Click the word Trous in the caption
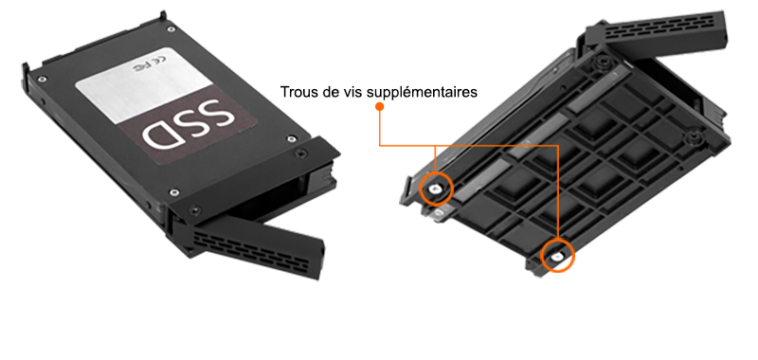coord(297,92)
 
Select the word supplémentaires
coord(422,92)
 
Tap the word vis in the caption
coord(352,92)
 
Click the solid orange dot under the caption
coord(380,107)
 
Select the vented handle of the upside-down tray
coord(657,31)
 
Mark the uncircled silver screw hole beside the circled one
coord(438,211)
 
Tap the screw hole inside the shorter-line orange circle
coord(436,189)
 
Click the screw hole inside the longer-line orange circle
coord(557,256)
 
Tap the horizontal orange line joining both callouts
coord(469,146)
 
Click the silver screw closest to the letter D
coord(174,193)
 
